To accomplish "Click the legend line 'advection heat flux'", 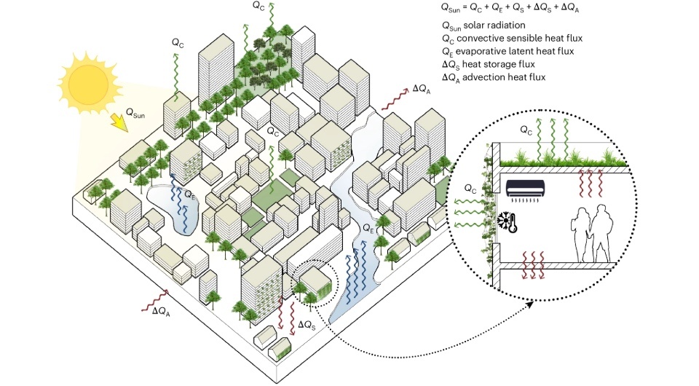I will [487, 77].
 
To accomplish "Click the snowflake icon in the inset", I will [504, 219].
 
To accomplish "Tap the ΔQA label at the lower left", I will [161, 311].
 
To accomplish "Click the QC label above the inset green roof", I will [526, 129].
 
